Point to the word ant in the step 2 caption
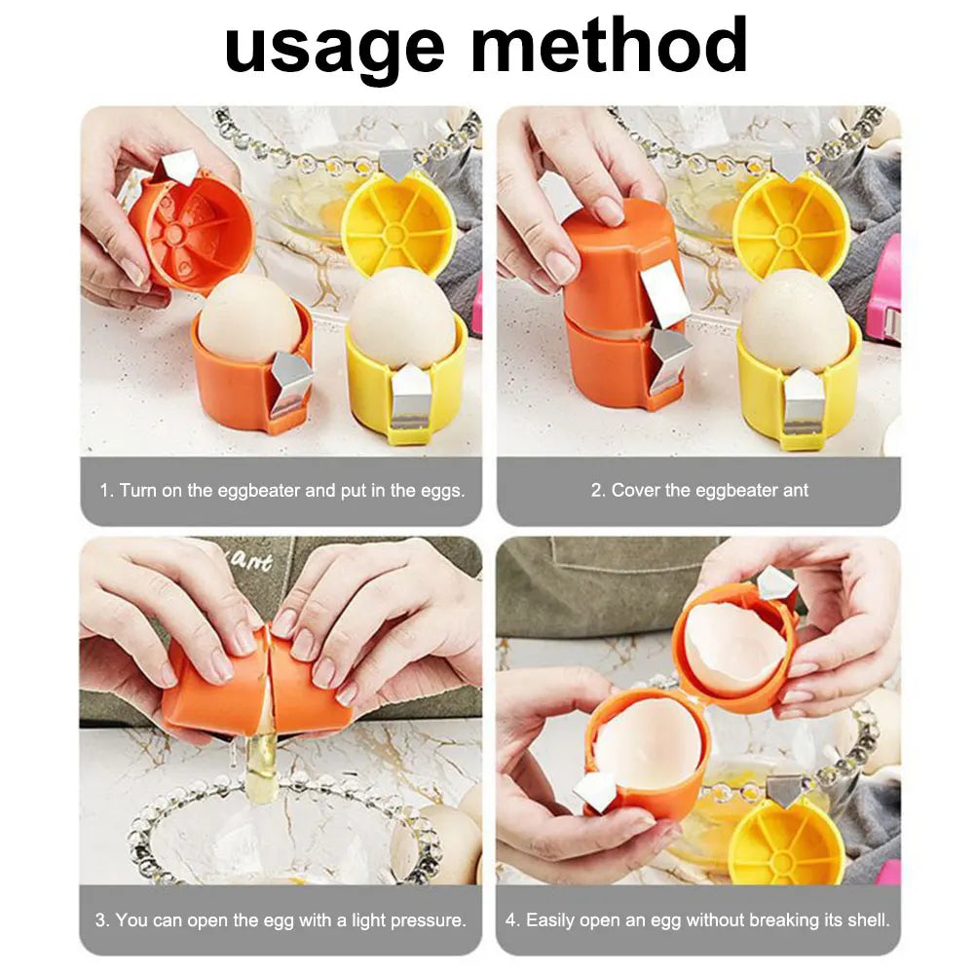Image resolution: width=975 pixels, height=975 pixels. [x=795, y=491]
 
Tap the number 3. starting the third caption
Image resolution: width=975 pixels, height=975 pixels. [x=102, y=919]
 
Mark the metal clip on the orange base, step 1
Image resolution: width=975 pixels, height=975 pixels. [x=291, y=380]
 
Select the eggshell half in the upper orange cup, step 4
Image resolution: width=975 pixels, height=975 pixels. [x=732, y=648]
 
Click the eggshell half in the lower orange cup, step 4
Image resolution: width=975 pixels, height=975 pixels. [x=648, y=745]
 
